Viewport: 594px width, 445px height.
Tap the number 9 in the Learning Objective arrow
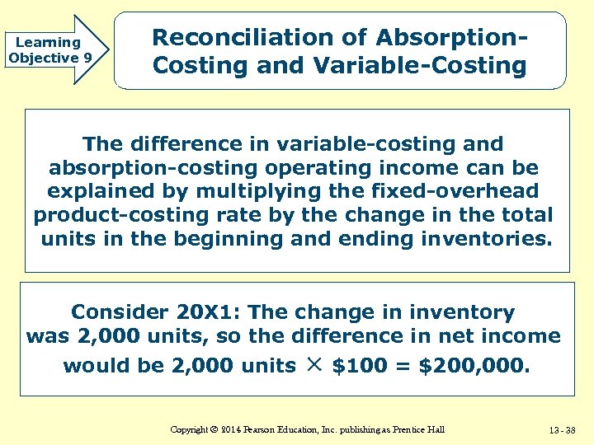(x=87, y=58)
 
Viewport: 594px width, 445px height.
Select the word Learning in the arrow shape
(x=48, y=42)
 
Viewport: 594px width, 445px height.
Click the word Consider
(x=120, y=312)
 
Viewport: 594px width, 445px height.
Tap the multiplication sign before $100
(x=314, y=363)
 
